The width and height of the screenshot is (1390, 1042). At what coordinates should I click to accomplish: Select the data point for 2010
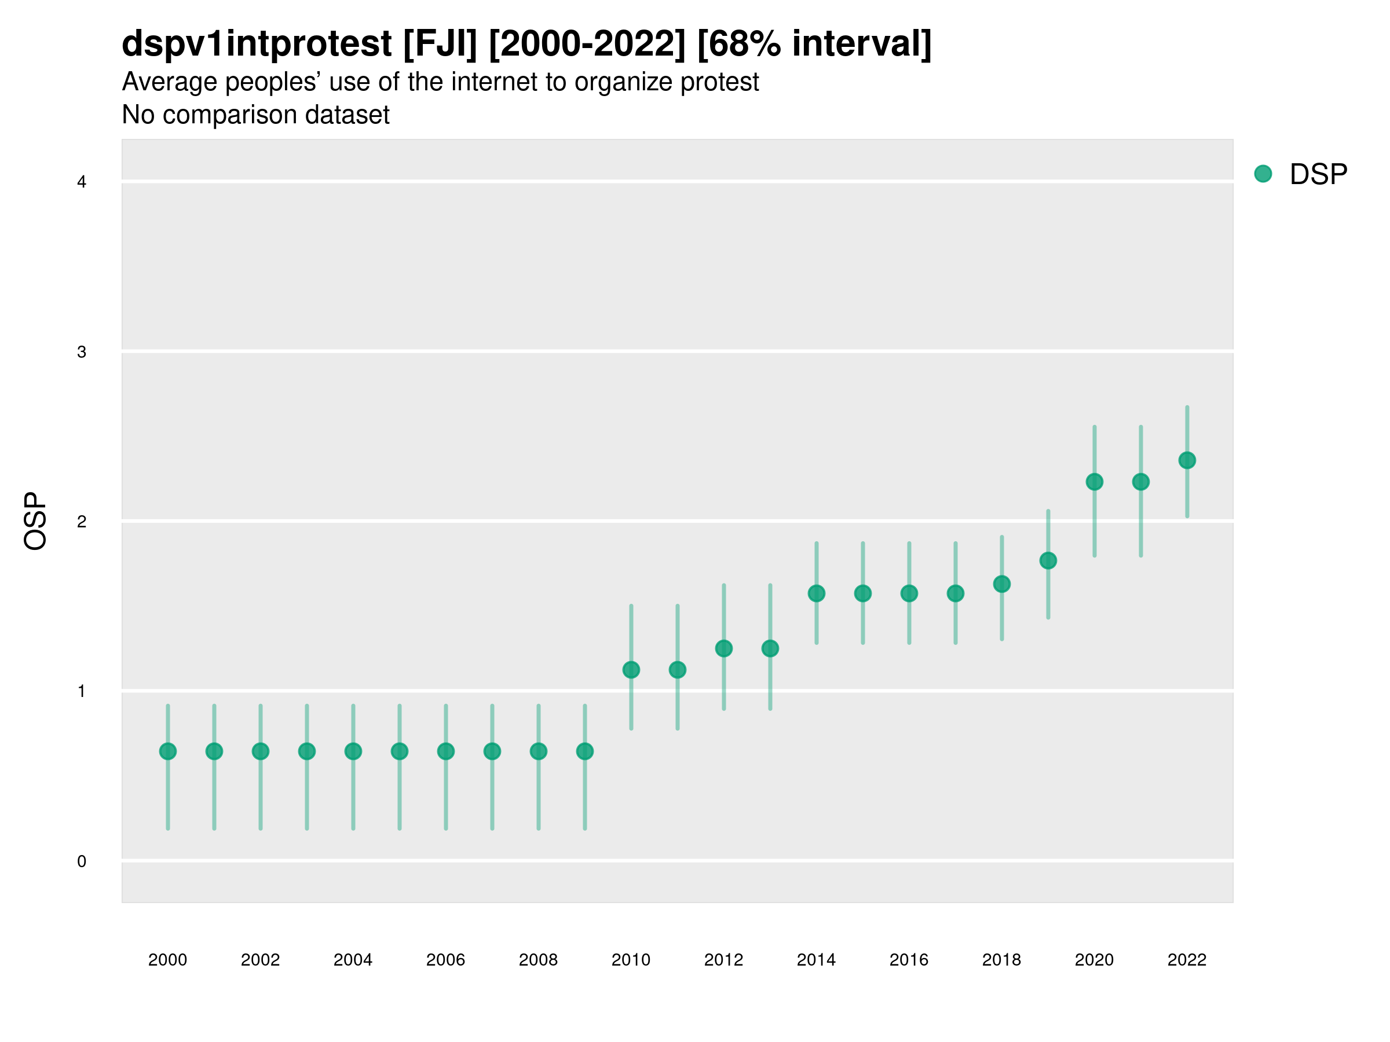coord(631,670)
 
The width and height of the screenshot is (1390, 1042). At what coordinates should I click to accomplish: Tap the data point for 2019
coord(1048,561)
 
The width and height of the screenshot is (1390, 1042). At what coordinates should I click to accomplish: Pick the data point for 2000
coord(168,751)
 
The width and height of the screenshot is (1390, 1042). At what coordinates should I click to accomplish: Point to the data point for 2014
coord(816,593)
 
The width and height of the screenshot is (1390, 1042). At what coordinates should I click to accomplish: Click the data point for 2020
coord(1094,482)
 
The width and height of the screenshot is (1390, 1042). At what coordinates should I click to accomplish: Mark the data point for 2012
coord(724,648)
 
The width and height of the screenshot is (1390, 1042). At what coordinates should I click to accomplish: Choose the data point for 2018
coord(1001,584)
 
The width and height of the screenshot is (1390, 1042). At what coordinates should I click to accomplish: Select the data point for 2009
coord(584,751)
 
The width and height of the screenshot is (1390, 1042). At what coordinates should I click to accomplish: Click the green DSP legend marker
coord(1263,174)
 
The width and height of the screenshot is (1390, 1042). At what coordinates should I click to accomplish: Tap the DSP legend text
coord(1318,175)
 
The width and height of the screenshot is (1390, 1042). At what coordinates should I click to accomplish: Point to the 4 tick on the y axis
coord(82,182)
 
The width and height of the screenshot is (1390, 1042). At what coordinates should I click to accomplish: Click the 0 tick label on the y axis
coord(82,861)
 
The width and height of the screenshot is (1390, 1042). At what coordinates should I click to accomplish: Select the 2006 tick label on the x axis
coord(445,960)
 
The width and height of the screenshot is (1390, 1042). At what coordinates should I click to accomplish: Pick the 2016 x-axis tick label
coord(909,960)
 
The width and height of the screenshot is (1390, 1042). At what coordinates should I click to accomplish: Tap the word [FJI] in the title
coord(440,44)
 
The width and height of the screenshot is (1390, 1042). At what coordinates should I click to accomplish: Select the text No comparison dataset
coord(255,115)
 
